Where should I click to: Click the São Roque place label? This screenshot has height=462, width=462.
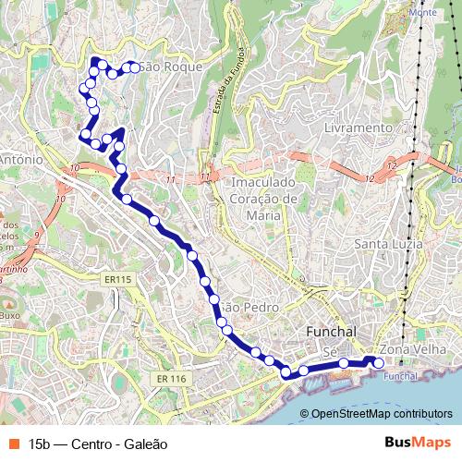(x=163, y=67)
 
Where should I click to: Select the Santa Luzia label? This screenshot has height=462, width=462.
(x=389, y=244)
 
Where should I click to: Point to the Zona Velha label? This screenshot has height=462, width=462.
(x=408, y=350)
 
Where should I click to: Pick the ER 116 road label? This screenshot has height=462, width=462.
(x=171, y=379)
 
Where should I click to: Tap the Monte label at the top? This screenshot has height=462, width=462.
(x=421, y=12)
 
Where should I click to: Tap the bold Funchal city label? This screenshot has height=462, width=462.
(x=332, y=331)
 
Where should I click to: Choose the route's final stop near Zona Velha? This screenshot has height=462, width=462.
(x=378, y=364)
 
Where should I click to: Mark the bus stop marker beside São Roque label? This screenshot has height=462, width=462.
(x=134, y=67)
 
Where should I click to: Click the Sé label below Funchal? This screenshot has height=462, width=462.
(x=330, y=351)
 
